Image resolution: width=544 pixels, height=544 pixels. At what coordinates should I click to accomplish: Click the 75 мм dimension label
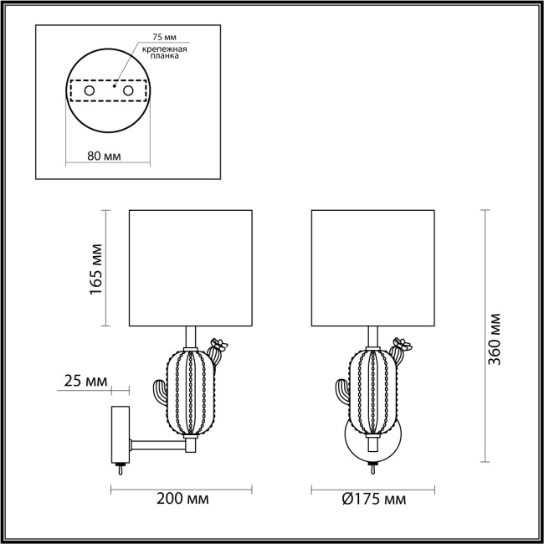click(x=164, y=38)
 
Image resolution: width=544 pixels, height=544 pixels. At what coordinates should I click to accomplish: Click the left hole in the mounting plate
click(x=90, y=89)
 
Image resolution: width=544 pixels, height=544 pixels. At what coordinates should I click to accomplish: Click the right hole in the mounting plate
click(x=128, y=89)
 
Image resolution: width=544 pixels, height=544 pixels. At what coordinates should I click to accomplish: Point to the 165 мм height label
click(x=97, y=268)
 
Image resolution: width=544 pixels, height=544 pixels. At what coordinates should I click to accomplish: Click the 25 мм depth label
click(x=86, y=381)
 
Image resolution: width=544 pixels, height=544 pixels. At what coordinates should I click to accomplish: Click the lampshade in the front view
click(x=373, y=268)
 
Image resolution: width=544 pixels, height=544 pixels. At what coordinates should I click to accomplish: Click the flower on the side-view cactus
click(x=221, y=343)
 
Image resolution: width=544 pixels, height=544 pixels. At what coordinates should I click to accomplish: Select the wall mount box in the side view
click(x=121, y=433)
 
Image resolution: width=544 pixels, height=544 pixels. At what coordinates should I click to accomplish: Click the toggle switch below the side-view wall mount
click(x=121, y=468)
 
